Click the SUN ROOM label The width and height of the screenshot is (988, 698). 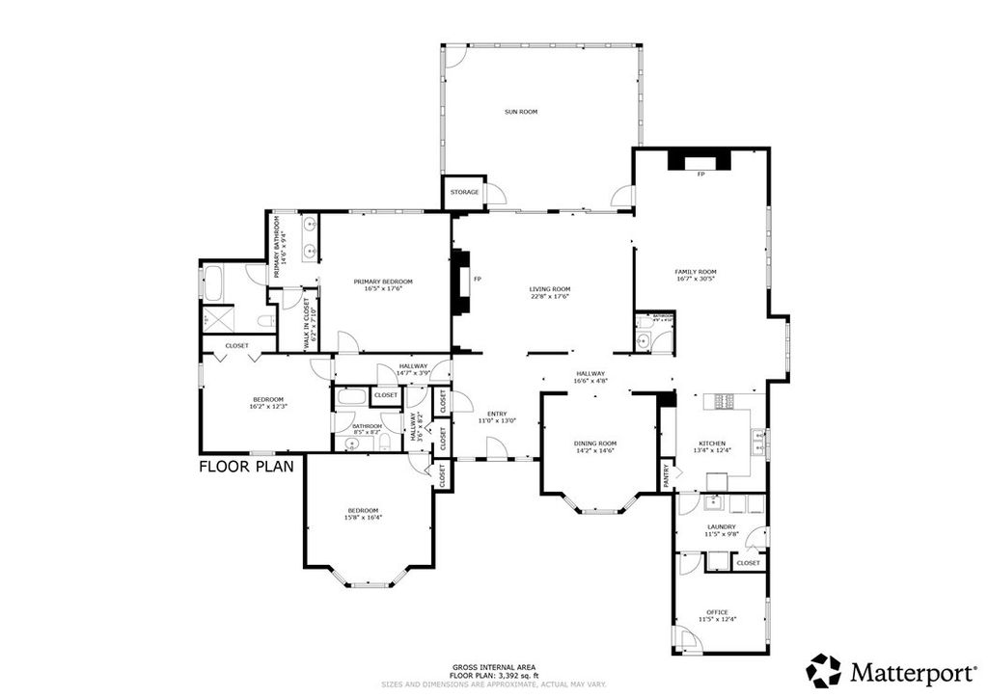(521, 112)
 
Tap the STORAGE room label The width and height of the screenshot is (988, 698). (465, 192)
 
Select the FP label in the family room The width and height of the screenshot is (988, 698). (700, 174)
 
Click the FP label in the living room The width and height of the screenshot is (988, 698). (478, 279)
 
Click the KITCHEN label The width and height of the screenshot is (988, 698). (712, 443)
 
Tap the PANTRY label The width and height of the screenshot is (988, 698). (666, 475)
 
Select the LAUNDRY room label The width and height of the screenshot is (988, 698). (723, 526)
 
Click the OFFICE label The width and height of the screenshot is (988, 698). (717, 611)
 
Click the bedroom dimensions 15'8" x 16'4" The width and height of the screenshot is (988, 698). (363, 518)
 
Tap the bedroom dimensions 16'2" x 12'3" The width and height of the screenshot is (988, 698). (268, 406)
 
